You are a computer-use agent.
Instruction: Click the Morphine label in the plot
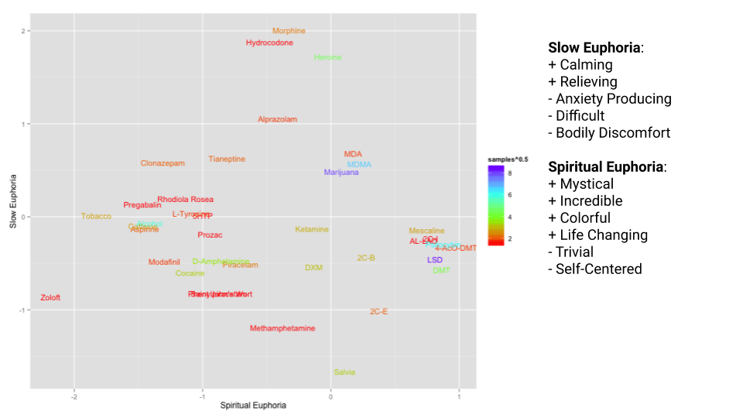coord(289,31)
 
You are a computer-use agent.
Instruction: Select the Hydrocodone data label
coord(269,43)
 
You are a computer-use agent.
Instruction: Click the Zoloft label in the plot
coord(50,298)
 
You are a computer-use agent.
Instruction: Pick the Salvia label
coord(344,372)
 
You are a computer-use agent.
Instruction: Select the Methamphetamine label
coord(282,328)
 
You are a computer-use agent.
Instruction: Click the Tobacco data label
coord(96,216)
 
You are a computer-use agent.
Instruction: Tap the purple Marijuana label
coord(341,172)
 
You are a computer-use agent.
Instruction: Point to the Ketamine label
coord(312,229)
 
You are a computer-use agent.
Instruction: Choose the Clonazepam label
coord(163,163)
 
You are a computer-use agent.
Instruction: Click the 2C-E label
coord(378,311)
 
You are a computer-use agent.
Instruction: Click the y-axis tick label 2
coord(23,31)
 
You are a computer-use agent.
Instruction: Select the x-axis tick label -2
coord(74,398)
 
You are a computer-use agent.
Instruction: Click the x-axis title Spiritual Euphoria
coord(253,406)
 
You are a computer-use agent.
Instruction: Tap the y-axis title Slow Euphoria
coord(13,207)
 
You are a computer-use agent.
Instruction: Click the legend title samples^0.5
coord(508,159)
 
